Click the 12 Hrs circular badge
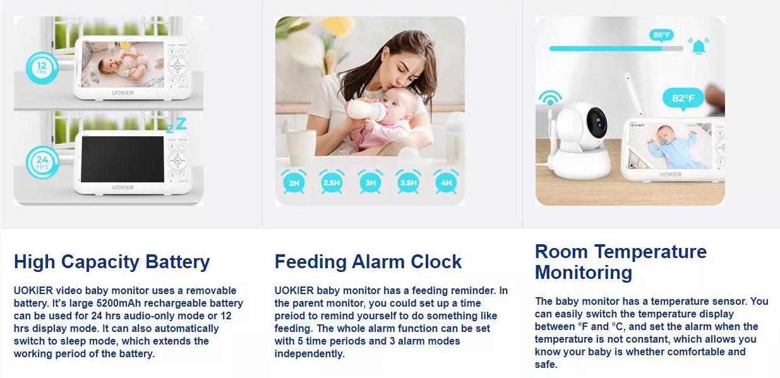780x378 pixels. pyautogui.click(x=42, y=68)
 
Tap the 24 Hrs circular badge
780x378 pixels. pyautogui.click(x=42, y=163)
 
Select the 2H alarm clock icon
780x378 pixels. pyautogui.click(x=294, y=182)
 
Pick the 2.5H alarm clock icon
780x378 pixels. pyautogui.click(x=332, y=182)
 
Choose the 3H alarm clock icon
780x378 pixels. pyautogui.click(x=370, y=182)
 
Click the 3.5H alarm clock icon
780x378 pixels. pyautogui.click(x=408, y=182)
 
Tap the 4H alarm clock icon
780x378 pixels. pyautogui.click(x=447, y=182)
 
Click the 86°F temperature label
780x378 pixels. pyautogui.click(x=662, y=35)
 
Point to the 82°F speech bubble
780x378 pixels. pyautogui.click(x=683, y=98)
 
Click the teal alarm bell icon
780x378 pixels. pyautogui.click(x=699, y=46)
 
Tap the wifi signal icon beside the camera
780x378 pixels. pyautogui.click(x=550, y=99)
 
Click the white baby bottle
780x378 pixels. pyautogui.click(x=367, y=110)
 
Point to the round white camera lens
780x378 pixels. pyautogui.click(x=596, y=118)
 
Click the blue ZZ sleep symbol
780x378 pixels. pyautogui.click(x=176, y=124)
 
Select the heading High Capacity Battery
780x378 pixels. pyautogui.click(x=112, y=261)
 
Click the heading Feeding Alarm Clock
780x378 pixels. pyautogui.click(x=368, y=261)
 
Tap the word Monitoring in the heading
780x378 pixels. pyautogui.click(x=583, y=273)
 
